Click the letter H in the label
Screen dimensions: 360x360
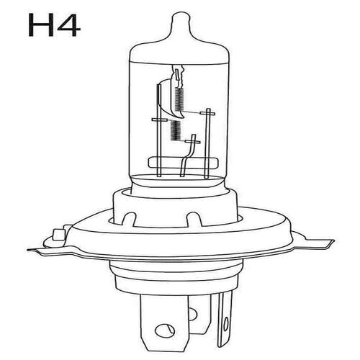41,24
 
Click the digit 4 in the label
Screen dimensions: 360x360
68,24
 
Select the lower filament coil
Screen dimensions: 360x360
175,130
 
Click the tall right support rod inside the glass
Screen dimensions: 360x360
207,143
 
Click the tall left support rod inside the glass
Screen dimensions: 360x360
158,131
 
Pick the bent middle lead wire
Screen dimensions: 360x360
188,156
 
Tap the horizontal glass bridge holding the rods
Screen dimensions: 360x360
184,163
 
